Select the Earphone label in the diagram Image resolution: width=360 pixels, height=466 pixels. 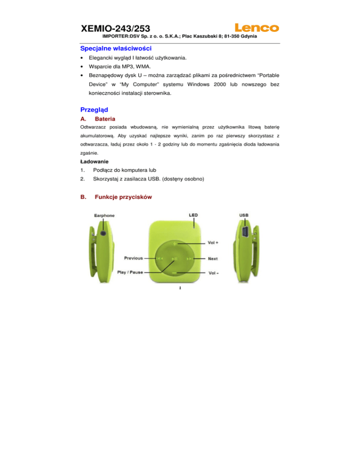pyautogui.click(x=104, y=216)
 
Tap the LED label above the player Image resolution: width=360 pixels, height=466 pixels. pyautogui.click(x=193, y=215)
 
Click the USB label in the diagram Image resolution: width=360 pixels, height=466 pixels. pyautogui.click(x=244, y=216)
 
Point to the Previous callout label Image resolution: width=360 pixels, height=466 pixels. pyautogui.click(x=134, y=258)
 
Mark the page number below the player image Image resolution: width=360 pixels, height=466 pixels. pyautogui.click(x=180, y=288)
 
